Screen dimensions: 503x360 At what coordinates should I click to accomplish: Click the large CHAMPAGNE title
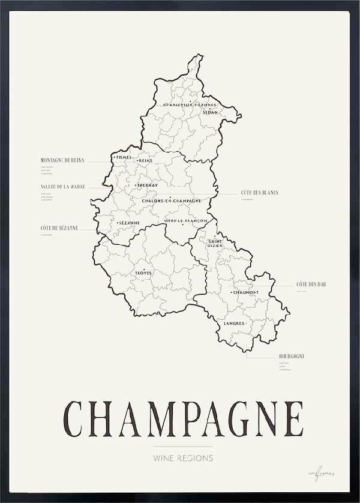[183, 418]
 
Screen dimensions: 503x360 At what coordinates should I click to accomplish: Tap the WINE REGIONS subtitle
[183, 458]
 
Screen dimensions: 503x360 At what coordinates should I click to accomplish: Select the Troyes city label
[143, 273]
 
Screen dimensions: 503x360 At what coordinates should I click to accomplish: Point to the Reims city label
[145, 161]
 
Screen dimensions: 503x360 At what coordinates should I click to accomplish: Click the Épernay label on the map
[148, 185]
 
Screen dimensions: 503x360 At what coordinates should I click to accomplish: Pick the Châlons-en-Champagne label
[171, 200]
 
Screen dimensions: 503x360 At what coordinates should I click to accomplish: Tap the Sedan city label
[210, 112]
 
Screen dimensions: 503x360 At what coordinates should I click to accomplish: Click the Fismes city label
[123, 157]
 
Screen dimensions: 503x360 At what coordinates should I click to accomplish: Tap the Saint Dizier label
[215, 243]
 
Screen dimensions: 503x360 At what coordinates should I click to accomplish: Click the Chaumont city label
[245, 292]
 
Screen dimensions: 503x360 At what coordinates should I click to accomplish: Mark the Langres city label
[234, 324]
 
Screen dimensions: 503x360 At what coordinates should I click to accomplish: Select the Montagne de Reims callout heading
[62, 160]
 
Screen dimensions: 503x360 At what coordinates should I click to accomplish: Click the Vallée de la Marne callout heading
[63, 187]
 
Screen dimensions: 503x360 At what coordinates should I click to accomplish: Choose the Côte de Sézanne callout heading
[59, 227]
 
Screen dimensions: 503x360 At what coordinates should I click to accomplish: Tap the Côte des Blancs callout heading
[260, 193]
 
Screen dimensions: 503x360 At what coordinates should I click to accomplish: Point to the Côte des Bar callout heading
[311, 284]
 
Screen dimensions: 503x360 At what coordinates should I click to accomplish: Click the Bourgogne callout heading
[292, 357]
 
